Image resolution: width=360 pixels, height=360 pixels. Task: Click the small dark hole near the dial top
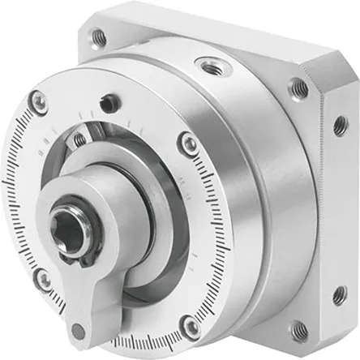coord(105,103)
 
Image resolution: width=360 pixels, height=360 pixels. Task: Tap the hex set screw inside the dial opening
coord(79,139)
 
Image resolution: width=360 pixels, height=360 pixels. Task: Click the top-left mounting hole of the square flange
coord(98,35)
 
